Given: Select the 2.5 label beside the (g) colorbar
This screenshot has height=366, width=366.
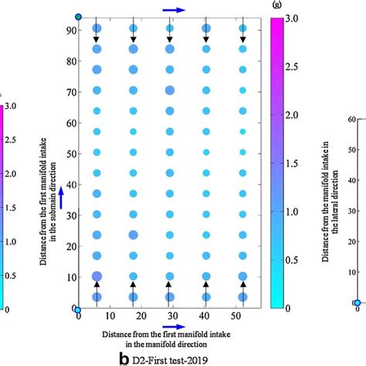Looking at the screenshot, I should [293, 66].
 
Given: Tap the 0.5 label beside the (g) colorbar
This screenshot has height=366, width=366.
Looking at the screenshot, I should [293, 259].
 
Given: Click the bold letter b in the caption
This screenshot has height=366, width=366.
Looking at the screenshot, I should [124, 358].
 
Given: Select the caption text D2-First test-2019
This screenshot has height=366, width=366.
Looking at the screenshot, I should [171, 359].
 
